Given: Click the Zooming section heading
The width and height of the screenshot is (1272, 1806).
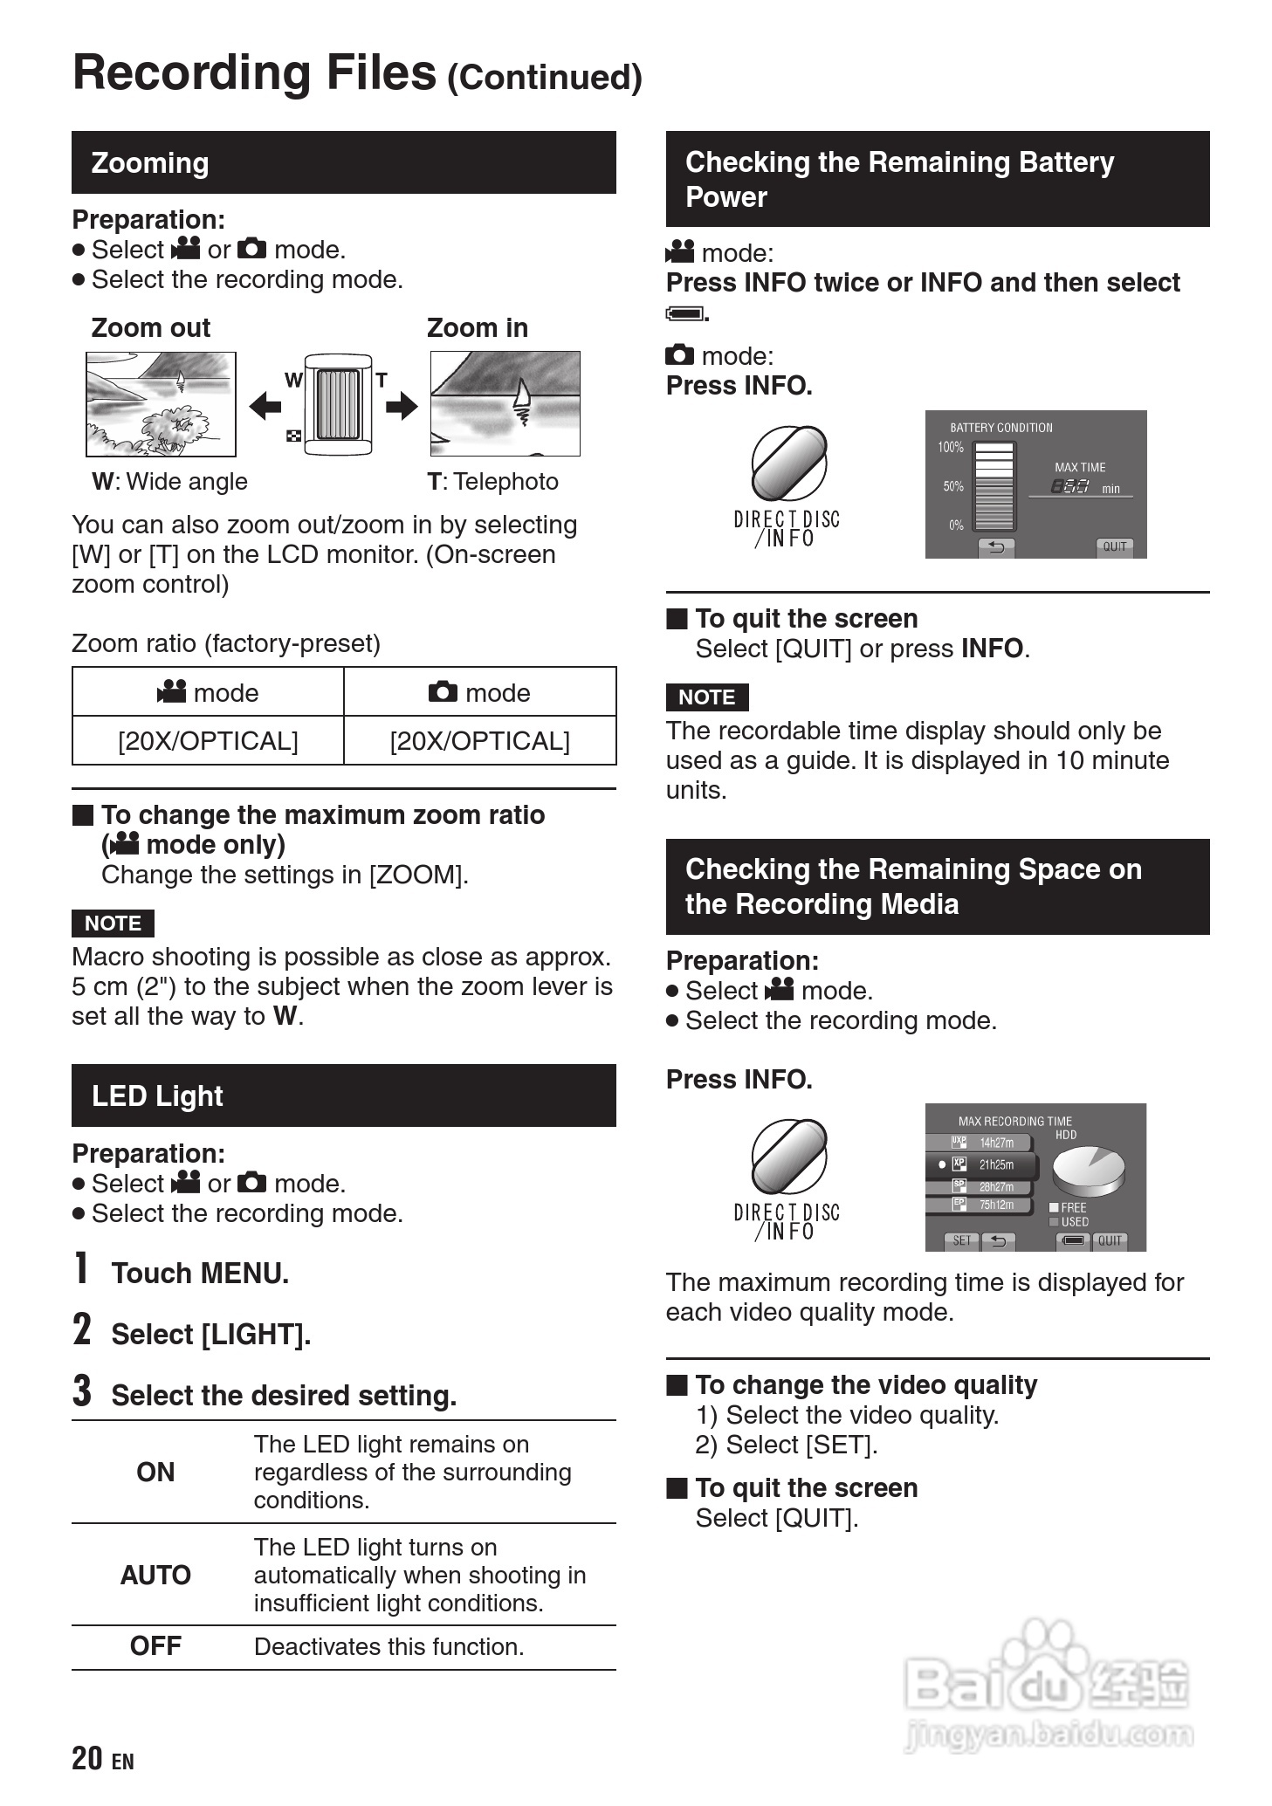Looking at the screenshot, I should (x=150, y=163).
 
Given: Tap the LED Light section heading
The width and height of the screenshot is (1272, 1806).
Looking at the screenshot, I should (x=157, y=1095).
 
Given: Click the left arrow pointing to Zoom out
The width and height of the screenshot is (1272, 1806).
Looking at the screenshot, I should (x=265, y=406).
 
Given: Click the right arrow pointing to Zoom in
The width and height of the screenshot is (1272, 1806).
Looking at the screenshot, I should (x=402, y=406).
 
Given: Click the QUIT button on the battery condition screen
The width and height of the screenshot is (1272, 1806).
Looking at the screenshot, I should (x=1114, y=546).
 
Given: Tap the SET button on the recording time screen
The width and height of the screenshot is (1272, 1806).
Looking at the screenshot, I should (x=961, y=1240).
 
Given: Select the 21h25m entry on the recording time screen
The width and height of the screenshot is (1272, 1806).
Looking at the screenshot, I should (x=995, y=1164).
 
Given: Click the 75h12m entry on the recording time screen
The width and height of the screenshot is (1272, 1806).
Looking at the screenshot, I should (x=995, y=1205).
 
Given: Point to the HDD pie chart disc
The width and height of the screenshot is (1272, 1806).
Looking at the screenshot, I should (x=1088, y=1170).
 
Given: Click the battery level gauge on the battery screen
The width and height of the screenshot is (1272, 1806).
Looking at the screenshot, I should (x=994, y=485).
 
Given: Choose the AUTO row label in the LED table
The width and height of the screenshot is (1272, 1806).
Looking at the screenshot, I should (x=155, y=1575).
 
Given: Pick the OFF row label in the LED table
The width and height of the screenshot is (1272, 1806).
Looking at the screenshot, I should (x=155, y=1646).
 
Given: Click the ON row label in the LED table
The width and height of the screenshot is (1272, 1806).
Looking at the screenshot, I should (x=155, y=1472).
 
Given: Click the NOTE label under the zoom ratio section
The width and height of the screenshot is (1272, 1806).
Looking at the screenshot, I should (x=113, y=923).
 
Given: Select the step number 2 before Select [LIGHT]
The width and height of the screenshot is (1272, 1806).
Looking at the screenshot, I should (x=81, y=1330).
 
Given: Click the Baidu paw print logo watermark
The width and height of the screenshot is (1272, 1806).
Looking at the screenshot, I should (x=1039, y=1658).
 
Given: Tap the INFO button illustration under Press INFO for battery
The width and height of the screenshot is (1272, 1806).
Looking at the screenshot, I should (x=788, y=464).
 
